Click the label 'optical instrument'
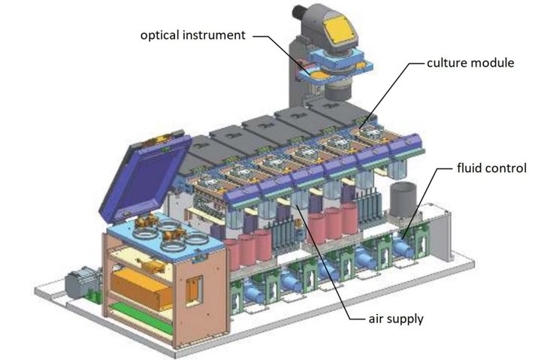point(192,35)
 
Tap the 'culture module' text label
point(470,63)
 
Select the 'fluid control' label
point(491,168)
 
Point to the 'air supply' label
point(396,319)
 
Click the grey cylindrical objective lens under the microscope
point(337,90)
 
